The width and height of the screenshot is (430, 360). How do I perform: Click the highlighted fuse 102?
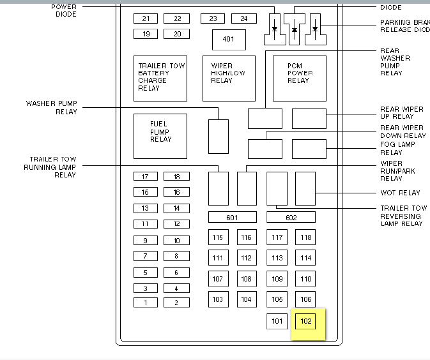pos(306,321)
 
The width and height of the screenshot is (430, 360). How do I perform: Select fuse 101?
pos(277,321)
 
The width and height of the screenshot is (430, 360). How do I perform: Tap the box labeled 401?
pos(229,40)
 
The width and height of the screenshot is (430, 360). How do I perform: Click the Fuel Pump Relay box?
pos(160,136)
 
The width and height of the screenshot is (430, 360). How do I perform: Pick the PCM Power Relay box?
pos(299,78)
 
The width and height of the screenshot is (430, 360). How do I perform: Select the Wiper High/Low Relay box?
pos(229,78)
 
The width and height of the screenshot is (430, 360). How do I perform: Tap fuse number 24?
pos(243,19)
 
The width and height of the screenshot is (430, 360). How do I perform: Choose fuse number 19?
pos(146,34)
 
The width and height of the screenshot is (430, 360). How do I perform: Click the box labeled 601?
pos(233,218)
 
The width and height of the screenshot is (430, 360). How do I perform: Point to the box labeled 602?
pos(291,218)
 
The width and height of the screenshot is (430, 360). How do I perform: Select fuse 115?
pos(218,238)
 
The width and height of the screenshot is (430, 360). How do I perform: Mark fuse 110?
pos(306,279)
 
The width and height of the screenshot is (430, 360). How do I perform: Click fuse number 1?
pos(146,303)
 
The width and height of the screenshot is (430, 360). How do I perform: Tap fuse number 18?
pos(176,177)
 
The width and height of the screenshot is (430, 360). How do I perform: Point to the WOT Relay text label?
pos(401,193)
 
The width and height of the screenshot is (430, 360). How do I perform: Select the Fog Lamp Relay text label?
pos(397,149)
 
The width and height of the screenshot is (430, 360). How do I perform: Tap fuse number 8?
pos(176,256)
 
